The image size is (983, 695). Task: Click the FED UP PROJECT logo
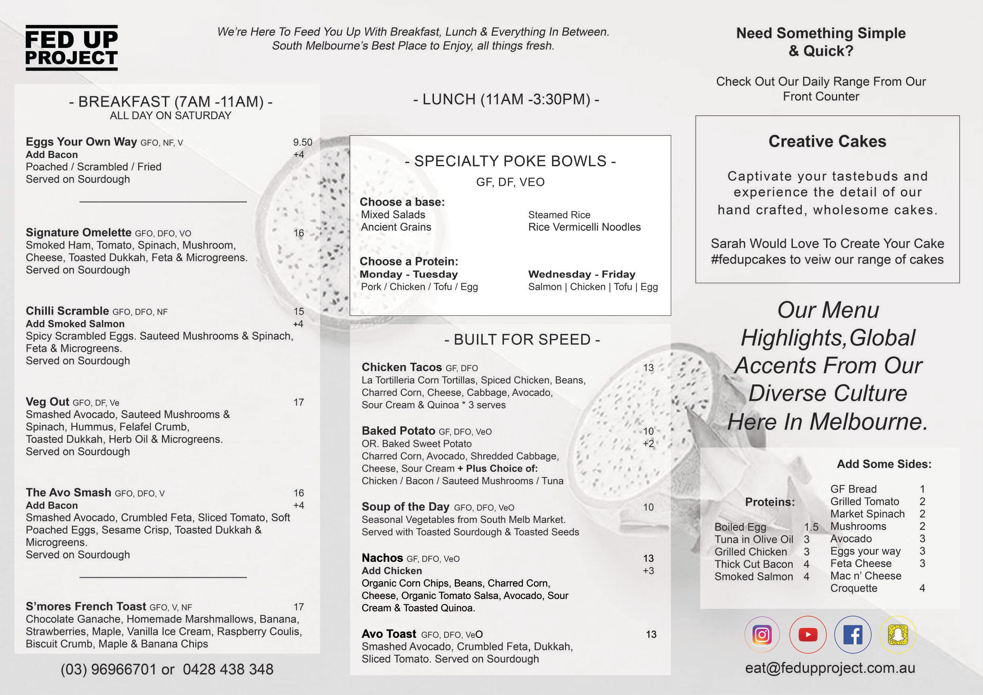[71, 48]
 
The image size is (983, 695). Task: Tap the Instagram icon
[762, 634]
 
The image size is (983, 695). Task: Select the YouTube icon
[807, 634]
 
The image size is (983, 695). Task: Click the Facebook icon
[852, 634]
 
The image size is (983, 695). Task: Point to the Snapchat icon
[897, 634]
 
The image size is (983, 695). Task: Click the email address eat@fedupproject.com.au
[830, 668]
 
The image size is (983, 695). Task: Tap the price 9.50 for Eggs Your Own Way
[302, 142]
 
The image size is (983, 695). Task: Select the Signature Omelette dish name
[78, 233]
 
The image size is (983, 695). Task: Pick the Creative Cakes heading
[827, 141]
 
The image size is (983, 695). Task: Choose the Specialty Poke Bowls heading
[510, 161]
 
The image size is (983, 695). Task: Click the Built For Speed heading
[522, 340]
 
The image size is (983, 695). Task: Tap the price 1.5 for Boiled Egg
[811, 527]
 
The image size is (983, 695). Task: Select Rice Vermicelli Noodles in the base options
[584, 227]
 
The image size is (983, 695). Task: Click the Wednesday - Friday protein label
[581, 274]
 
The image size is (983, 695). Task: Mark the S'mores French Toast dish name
[86, 606]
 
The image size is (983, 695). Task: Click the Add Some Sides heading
[884, 464]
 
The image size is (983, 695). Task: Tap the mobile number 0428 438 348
[228, 669]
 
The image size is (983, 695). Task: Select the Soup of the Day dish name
[405, 507]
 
